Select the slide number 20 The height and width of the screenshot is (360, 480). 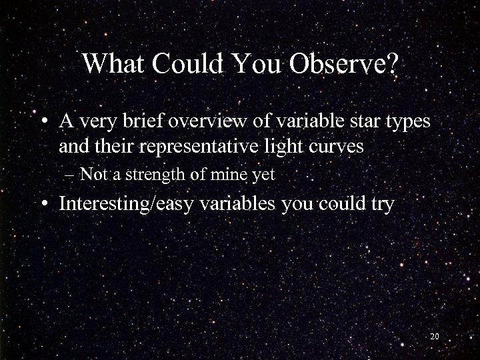tap(434, 337)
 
